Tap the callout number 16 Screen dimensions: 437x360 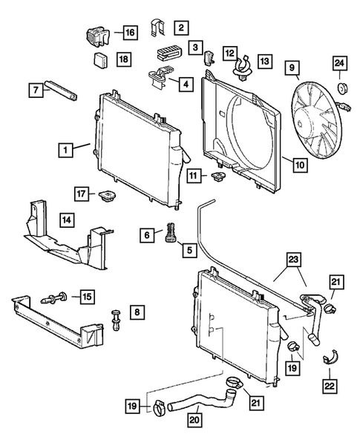coord(130,33)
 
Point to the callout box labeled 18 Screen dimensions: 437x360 coord(123,58)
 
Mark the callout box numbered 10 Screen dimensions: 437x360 coord(298,165)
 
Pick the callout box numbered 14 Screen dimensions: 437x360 coord(66,220)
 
